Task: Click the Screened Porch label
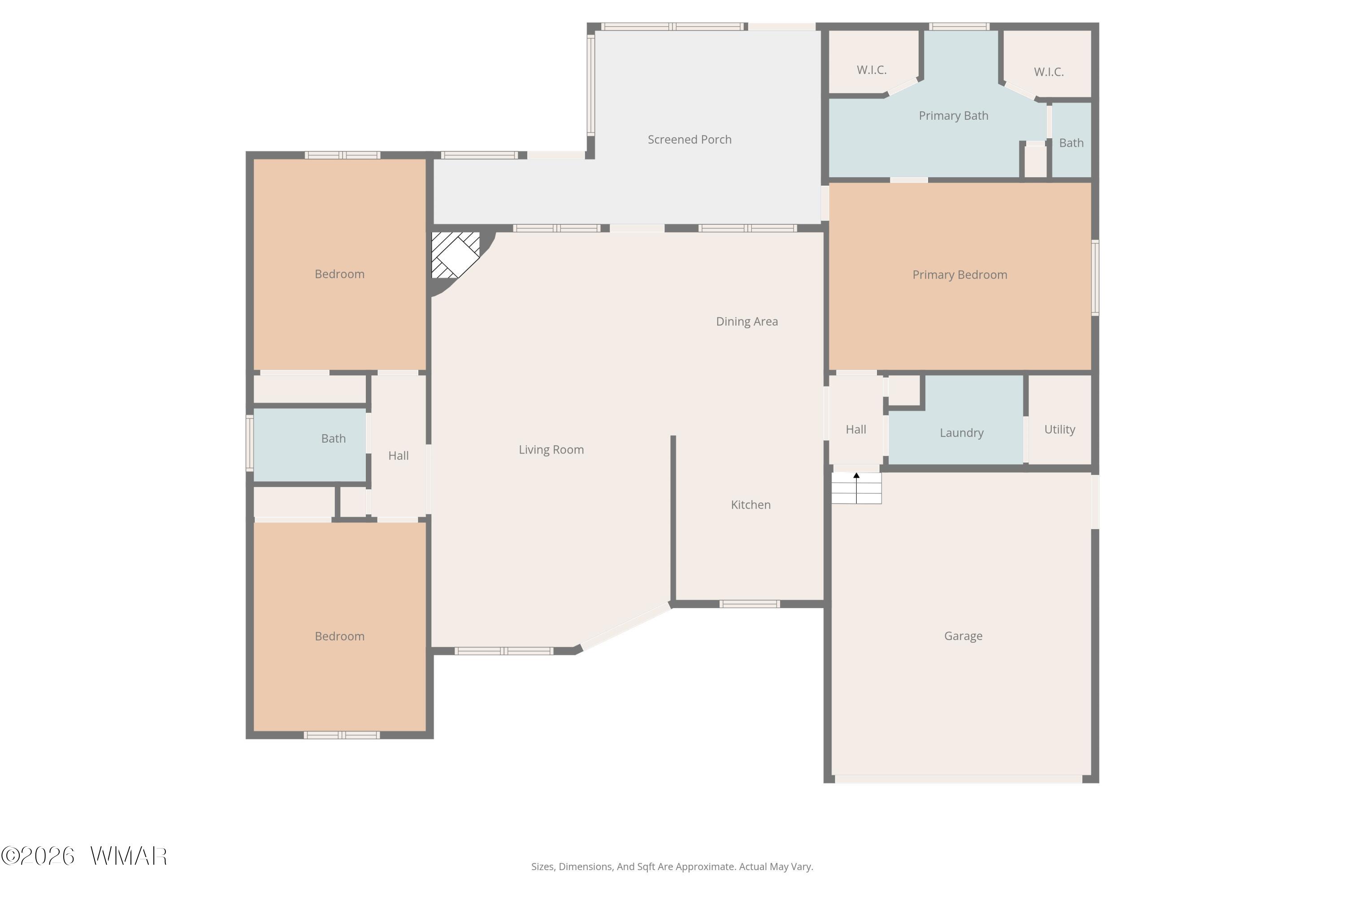[x=689, y=139]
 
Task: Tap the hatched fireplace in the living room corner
[x=455, y=255]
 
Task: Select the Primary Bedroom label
[x=959, y=274]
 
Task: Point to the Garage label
[x=963, y=636]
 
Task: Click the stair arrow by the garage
[x=856, y=488]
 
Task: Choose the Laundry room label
[x=961, y=433]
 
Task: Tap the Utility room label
[x=1060, y=430]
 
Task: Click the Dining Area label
[x=747, y=322]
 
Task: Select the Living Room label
[x=551, y=450]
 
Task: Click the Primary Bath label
[x=953, y=116]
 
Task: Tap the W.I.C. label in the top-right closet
[x=1049, y=72]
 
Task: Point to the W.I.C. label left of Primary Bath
[x=872, y=70]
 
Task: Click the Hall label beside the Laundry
[x=856, y=430]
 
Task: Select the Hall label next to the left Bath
[x=399, y=456]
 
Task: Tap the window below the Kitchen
[x=749, y=604]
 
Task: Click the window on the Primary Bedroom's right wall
[x=1095, y=278]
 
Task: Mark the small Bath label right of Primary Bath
[x=1071, y=143]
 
